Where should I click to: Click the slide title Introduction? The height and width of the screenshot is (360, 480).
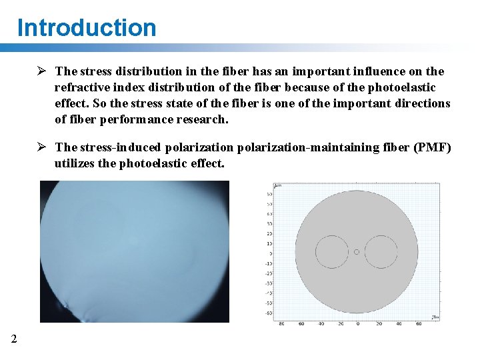tap(87, 28)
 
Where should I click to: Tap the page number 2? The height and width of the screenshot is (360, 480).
tap(14, 339)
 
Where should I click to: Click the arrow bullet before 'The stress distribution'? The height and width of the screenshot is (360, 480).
tap(41, 71)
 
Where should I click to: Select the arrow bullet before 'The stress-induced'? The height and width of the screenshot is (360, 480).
tap(41, 147)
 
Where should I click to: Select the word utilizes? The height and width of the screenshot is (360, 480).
tap(75, 163)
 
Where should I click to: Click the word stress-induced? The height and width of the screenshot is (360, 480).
tap(117, 147)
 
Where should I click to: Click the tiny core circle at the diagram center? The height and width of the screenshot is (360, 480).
tap(357, 252)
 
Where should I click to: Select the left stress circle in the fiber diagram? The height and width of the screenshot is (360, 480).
tap(331, 252)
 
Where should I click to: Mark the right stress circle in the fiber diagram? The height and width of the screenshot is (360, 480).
tap(381, 252)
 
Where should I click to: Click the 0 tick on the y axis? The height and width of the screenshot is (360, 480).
tap(271, 253)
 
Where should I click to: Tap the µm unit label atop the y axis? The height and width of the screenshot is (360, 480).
tap(278, 185)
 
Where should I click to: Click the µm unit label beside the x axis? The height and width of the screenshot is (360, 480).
tap(435, 317)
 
